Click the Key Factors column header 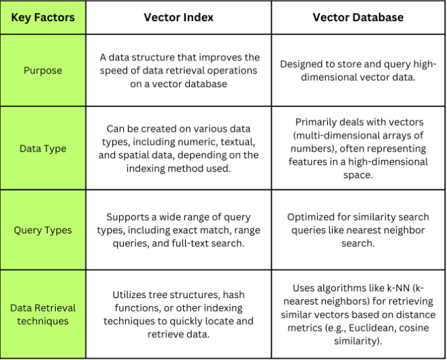click(43, 18)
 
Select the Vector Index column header click(178, 18)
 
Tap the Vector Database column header click(358, 18)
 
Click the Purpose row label click(43, 70)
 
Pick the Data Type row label click(43, 148)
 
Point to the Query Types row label click(43, 230)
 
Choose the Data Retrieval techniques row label click(43, 314)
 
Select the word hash click(233, 295)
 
